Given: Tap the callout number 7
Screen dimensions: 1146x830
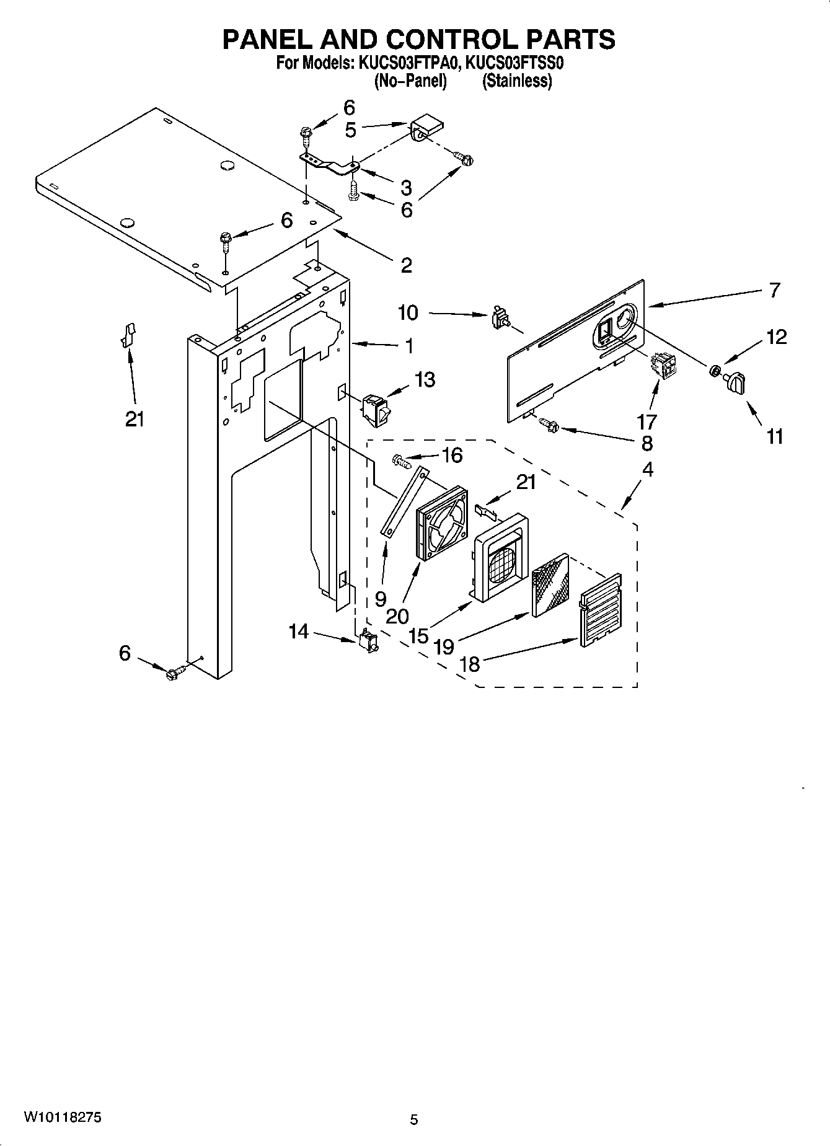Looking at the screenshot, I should click(x=774, y=289).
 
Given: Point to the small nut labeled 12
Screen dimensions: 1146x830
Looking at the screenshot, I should click(x=714, y=371).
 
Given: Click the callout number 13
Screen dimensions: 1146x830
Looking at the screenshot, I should click(x=425, y=379).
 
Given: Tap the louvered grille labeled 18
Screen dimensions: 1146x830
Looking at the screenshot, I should click(x=601, y=612).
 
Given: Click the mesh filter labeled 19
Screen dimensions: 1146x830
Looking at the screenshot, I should click(x=550, y=584).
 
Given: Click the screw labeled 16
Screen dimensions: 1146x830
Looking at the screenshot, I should click(x=401, y=461).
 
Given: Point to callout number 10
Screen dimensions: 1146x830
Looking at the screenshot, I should click(x=408, y=312).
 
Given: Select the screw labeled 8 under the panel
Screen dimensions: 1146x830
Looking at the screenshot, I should click(x=550, y=425).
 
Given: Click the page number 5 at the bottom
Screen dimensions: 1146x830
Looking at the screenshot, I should click(x=414, y=1119).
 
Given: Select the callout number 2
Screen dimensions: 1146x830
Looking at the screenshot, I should click(x=405, y=265).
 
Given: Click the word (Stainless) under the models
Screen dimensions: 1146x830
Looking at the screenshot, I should click(x=517, y=81).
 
